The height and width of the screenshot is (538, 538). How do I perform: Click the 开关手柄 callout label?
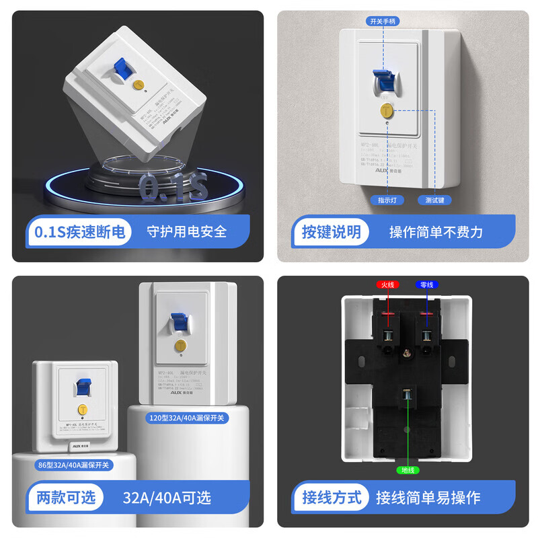click(x=383, y=21)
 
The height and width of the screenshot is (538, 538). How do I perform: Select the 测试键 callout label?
click(x=434, y=200)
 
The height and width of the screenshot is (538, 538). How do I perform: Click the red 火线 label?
click(x=387, y=285)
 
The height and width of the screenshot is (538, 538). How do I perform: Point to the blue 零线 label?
click(x=426, y=285)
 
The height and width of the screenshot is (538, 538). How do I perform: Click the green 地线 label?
click(x=407, y=469)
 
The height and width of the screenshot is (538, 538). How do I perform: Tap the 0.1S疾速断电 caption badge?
click(x=79, y=232)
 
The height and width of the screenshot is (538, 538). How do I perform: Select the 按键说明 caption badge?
click(x=331, y=232)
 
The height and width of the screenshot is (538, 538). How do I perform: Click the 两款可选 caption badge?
click(x=65, y=498)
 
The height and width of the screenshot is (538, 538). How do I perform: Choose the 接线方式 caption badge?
click(x=331, y=498)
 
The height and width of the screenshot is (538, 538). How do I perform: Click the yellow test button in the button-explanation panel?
click(x=387, y=109)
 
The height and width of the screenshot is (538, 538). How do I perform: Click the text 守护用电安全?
click(x=187, y=232)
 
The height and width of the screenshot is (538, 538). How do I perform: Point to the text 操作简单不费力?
click(x=436, y=232)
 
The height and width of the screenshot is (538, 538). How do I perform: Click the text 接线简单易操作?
click(x=428, y=498)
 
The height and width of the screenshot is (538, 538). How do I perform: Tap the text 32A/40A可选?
click(x=167, y=498)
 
